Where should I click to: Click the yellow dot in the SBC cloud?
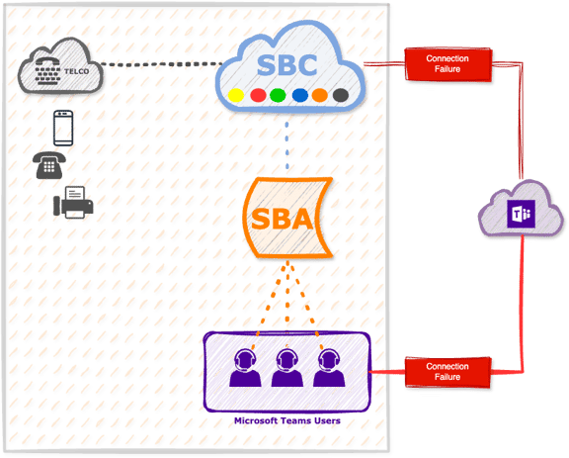236,95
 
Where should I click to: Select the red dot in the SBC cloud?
258,95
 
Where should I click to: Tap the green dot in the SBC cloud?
278,95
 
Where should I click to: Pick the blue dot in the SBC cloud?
299,95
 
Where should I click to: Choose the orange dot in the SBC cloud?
320,95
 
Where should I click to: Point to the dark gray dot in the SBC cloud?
341,95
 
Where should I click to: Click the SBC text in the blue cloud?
286,65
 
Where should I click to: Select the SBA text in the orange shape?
282,219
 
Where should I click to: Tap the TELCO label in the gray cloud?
77,71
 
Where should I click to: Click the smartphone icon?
63,128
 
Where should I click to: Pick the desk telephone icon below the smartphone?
49,165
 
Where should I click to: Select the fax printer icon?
73,203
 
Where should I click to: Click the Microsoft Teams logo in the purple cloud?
522,214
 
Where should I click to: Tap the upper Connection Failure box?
447,64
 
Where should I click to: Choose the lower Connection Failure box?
447,372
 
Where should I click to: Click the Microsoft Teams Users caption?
287,421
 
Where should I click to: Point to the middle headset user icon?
287,368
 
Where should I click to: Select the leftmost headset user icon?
245,368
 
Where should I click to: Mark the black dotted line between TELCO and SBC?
161,64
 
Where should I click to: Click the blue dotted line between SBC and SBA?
287,145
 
